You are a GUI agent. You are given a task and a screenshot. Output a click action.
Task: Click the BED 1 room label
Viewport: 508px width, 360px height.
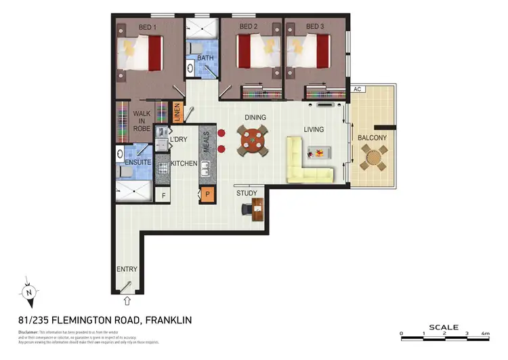coord(147,26)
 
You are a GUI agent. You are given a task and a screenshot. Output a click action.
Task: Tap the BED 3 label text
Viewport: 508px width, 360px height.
coord(315,26)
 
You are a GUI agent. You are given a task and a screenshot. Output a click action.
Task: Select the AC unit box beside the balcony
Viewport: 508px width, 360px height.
coord(356,89)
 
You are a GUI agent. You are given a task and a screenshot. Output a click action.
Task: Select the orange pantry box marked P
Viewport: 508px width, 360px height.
coord(206,195)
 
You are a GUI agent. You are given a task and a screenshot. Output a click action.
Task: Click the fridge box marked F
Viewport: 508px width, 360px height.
coord(163,195)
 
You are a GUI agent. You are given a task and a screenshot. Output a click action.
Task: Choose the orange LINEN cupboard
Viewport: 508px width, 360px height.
coord(177,112)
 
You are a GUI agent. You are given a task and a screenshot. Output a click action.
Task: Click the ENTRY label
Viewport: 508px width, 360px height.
coord(127,269)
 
